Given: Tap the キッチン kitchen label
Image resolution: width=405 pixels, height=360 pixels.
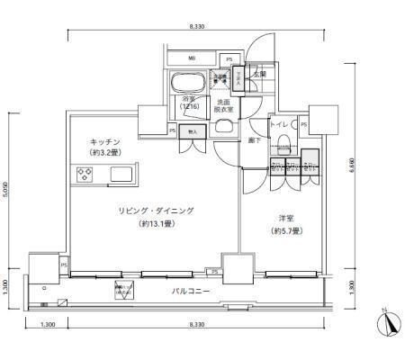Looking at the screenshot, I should click(x=106, y=142).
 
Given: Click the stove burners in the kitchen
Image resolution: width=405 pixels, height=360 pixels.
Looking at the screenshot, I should click(x=87, y=175).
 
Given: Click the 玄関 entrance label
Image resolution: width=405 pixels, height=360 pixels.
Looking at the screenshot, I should click(x=259, y=75).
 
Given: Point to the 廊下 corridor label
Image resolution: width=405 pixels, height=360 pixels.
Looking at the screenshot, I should click(x=256, y=140).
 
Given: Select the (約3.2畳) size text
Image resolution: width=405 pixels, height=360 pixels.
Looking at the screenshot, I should click(x=106, y=154).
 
